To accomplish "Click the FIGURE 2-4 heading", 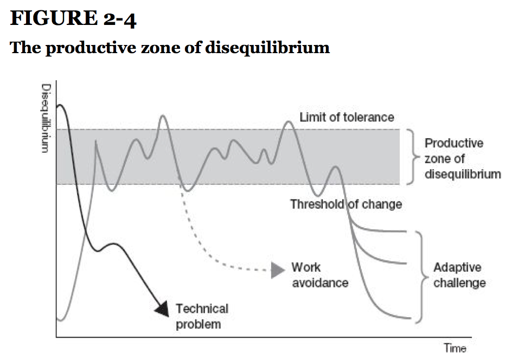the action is (x=73, y=18).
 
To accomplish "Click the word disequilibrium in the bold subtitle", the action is (x=267, y=48).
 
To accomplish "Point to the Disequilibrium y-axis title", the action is (x=46, y=118).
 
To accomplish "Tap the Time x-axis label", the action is (x=455, y=348).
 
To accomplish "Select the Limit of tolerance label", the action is (x=347, y=117).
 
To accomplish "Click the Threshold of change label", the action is (x=346, y=204).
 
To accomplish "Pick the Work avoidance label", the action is (x=320, y=275).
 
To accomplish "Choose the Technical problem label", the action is (x=202, y=316).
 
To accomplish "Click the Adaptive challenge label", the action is (x=459, y=275).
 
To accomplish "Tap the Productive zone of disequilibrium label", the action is (x=463, y=159).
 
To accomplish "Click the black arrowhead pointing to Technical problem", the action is (x=163, y=308).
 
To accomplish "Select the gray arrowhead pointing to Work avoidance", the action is (x=278, y=270).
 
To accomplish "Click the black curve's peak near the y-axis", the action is (x=61, y=105).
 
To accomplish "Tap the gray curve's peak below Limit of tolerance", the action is (x=289, y=122).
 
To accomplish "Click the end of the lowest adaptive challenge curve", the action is (x=411, y=318).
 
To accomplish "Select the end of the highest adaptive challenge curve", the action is (x=406, y=232).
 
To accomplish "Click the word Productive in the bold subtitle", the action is (x=91, y=48).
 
